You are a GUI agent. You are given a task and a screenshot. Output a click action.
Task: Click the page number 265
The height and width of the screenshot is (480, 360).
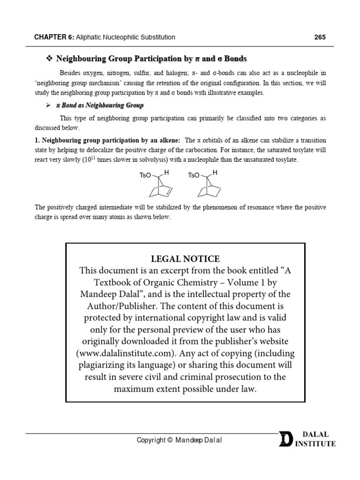click(x=320, y=37)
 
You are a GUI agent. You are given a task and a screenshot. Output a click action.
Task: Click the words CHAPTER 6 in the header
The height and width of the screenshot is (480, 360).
click(x=53, y=37)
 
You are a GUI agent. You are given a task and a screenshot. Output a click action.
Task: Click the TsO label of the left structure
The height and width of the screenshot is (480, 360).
click(x=145, y=175)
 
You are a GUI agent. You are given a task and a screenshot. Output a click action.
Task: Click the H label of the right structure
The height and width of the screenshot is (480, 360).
click(x=215, y=173)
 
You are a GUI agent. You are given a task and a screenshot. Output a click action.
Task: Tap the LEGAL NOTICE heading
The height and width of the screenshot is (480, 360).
click(x=185, y=259)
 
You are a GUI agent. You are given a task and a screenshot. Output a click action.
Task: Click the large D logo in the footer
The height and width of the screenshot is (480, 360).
click(x=285, y=439)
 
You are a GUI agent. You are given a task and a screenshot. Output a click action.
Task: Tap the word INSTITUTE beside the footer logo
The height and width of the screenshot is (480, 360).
click(x=315, y=443)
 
